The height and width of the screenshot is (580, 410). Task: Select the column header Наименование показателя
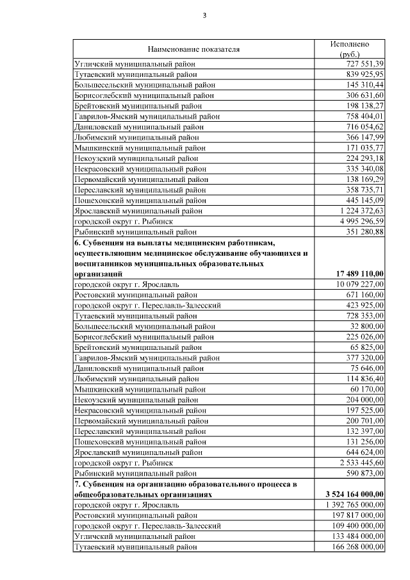[x=193, y=49]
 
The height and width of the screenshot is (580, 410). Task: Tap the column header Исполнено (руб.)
[x=350, y=49]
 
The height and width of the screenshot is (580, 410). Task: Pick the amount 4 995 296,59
[x=361, y=221]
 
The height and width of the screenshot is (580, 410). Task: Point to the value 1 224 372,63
[x=361, y=211]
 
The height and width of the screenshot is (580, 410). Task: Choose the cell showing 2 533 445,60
[x=361, y=462]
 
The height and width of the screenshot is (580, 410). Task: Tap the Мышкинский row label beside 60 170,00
[x=140, y=389]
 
